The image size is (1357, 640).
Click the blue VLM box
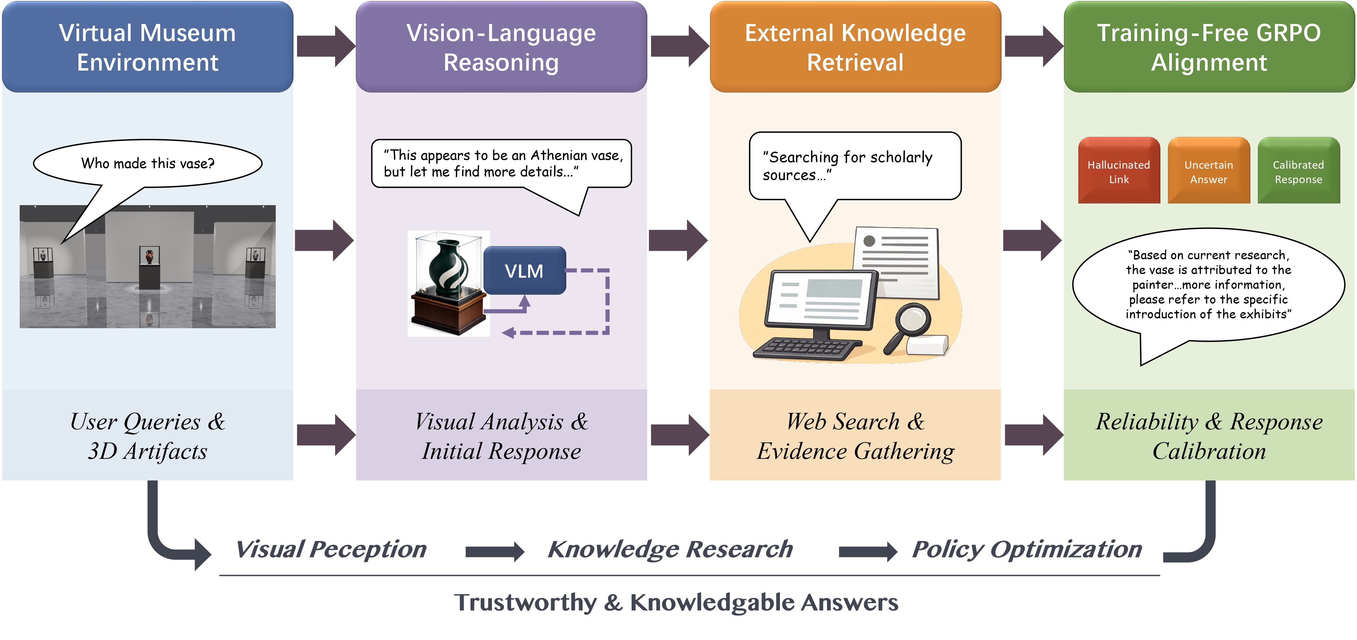coord(524,271)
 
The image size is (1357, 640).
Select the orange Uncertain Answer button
coord(1208,171)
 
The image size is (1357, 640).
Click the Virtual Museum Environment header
coord(147,47)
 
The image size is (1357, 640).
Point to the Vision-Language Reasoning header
coord(501,47)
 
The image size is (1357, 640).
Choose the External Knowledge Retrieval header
coord(855,47)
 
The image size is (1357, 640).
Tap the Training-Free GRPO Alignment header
coord(1209,47)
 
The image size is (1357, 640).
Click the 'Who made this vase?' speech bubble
coord(147,163)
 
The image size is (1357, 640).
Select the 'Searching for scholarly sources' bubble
coord(854,165)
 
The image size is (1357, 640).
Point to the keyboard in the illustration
coord(806,348)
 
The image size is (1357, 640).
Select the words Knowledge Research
coord(670,549)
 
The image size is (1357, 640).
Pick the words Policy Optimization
coord(1027,549)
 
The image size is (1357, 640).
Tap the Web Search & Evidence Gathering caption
coord(855,436)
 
